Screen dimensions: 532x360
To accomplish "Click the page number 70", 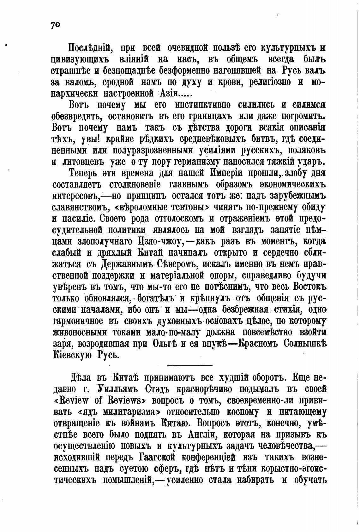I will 55,25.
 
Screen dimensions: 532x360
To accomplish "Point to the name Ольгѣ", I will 164,344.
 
